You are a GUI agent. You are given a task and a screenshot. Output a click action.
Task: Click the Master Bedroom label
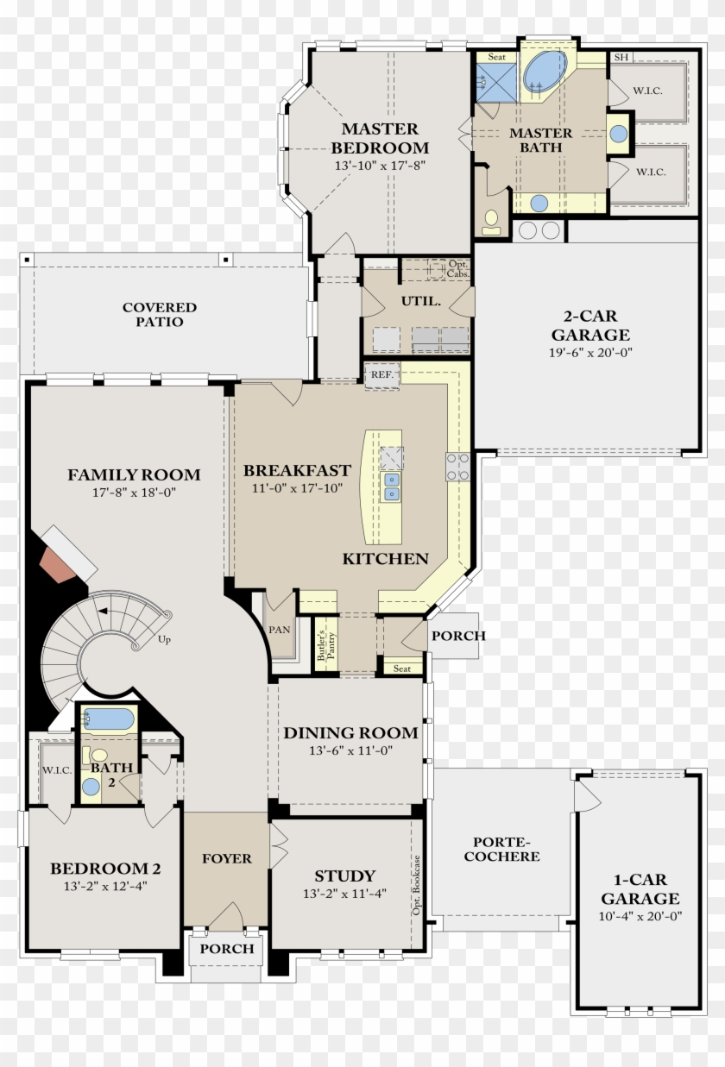click(381, 138)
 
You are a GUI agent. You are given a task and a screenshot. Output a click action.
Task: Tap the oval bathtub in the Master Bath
click(545, 70)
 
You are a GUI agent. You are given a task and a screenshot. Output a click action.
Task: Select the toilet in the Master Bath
click(492, 223)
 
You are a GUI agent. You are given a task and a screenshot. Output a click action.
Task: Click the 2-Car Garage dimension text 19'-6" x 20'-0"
click(590, 352)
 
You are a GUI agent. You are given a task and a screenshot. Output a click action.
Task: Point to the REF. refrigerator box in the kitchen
click(381, 376)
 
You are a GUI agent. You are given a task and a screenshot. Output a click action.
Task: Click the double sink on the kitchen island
click(391, 486)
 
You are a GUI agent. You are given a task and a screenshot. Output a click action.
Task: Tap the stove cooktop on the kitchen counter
click(457, 466)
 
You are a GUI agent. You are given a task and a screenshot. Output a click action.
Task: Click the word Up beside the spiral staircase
click(165, 640)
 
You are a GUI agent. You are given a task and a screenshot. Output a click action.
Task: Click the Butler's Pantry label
click(325, 641)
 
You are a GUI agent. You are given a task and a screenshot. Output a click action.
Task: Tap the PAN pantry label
click(280, 630)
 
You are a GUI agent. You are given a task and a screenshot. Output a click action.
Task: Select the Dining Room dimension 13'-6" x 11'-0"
click(350, 751)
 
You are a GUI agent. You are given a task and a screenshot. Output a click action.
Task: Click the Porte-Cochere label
click(501, 850)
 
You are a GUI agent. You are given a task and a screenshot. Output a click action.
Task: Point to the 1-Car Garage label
click(640, 889)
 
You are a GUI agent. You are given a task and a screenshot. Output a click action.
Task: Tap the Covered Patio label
click(160, 315)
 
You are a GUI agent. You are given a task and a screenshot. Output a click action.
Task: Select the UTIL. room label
click(421, 302)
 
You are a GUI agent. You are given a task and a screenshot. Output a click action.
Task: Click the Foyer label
click(227, 859)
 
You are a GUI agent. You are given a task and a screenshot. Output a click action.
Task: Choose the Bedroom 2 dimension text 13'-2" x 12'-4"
click(104, 886)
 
